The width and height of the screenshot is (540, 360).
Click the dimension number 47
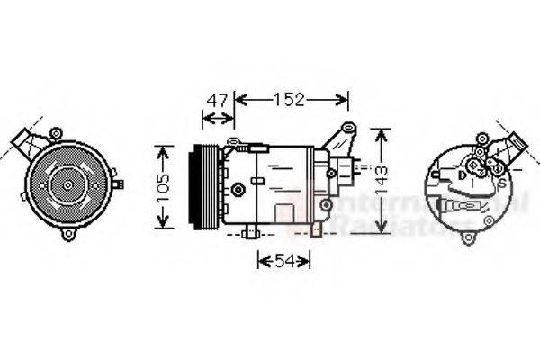pos(216,99)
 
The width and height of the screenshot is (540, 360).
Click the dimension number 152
pos(290,99)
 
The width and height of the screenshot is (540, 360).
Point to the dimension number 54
pos(283,260)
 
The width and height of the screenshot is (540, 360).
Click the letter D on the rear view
pos(462,176)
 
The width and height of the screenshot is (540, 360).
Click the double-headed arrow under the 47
pos(216,116)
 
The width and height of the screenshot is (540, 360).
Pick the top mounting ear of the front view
pos(56,134)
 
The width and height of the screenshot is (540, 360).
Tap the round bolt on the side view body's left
pos(238,189)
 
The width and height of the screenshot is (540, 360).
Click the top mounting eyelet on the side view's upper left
pos(233,142)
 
